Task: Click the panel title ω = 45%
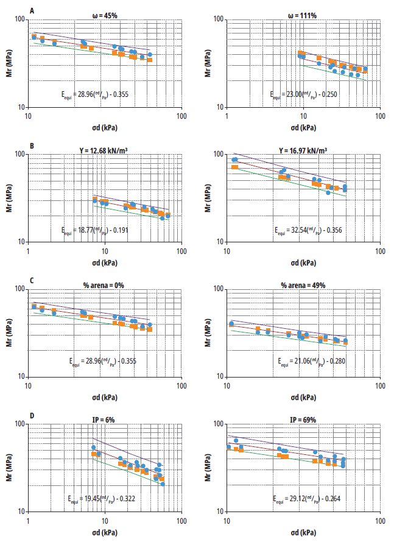(105, 15)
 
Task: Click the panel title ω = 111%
(303, 15)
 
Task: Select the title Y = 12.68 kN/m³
(104, 149)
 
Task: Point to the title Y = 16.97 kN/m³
(303, 149)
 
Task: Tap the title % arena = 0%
(104, 284)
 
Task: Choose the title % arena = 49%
(303, 284)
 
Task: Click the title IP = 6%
(104, 419)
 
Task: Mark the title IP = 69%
(303, 419)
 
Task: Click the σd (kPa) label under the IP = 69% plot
(303, 532)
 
